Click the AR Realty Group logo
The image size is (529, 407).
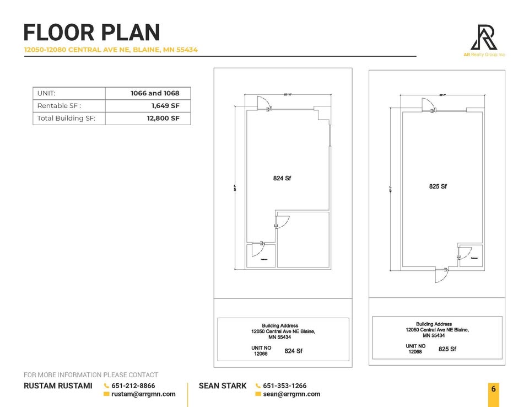coord(484,38)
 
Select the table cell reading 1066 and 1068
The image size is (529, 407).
coord(154,93)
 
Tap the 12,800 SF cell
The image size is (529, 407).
coord(163,118)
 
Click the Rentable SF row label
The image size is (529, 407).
coord(59,105)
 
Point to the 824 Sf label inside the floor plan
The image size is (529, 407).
coord(282,178)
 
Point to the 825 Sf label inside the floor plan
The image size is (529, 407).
coord(438,186)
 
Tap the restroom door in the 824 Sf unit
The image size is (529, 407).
coord(257,249)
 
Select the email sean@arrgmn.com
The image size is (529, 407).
coord(292,394)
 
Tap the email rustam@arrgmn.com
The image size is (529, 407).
coord(143,394)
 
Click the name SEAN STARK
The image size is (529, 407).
coord(223,386)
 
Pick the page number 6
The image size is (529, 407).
coord(494,389)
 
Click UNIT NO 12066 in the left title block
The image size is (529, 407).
coord(260,351)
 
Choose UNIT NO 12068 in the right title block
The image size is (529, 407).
coord(415,349)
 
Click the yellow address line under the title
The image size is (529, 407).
coord(111,50)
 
